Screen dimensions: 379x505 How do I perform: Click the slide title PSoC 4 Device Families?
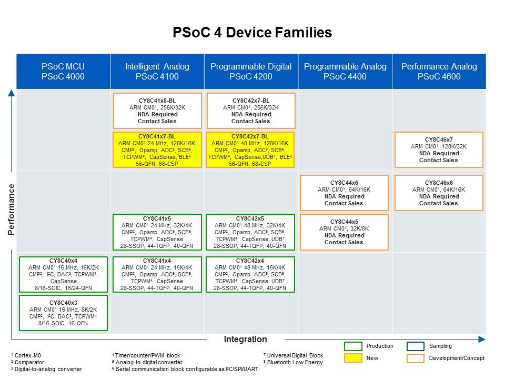[252, 33]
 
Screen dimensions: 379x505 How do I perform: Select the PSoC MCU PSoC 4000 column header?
[63, 72]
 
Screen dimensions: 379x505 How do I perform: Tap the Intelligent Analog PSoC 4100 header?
[157, 72]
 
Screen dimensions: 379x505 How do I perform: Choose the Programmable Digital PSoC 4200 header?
[251, 72]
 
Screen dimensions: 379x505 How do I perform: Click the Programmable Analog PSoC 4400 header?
[345, 72]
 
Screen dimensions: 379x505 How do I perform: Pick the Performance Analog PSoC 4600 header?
[439, 72]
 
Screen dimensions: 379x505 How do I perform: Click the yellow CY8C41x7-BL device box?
[158, 149]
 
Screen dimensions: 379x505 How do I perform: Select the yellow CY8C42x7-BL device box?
[250, 149]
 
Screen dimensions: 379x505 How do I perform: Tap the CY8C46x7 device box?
[439, 149]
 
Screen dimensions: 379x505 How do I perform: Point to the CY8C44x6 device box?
[344, 193]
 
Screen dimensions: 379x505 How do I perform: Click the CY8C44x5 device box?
[344, 232]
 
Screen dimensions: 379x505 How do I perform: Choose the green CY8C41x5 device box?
[158, 232]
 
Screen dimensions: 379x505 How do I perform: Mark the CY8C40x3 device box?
[63, 313]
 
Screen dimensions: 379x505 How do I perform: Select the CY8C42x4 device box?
[250, 274]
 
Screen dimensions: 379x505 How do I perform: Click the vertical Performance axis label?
[11, 209]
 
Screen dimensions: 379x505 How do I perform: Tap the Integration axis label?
[246, 339]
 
